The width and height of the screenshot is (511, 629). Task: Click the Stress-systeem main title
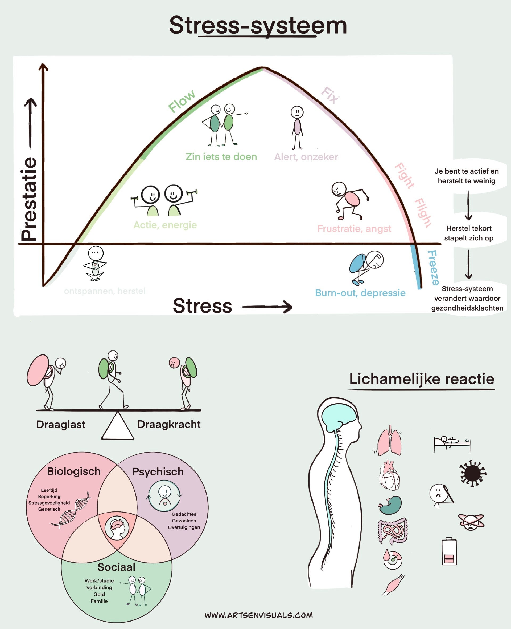258,26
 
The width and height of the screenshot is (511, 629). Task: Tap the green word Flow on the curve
182,101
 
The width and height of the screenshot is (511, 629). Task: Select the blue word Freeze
433,268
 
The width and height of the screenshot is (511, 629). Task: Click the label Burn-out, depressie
360,293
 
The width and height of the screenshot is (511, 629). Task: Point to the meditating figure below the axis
95,263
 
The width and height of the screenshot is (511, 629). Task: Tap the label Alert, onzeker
306,157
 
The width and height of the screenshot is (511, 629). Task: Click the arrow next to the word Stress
267,307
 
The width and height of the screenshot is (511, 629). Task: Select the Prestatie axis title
30,199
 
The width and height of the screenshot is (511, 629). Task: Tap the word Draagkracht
169,424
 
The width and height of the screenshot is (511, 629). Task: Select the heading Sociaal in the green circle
116,567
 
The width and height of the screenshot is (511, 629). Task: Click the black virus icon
472,473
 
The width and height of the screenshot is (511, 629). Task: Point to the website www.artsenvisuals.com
258,615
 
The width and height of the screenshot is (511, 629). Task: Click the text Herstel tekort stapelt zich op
469,233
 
